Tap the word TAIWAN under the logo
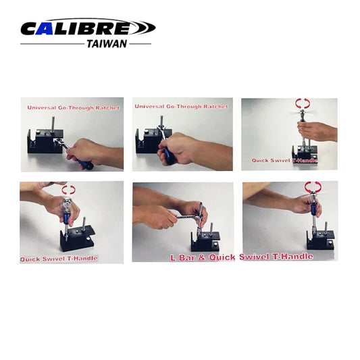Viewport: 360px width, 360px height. tap(107, 43)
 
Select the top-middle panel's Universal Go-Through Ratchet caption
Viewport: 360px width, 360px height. tap(181, 106)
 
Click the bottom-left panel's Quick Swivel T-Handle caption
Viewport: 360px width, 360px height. tap(59, 257)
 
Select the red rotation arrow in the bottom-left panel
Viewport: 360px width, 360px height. tap(69, 190)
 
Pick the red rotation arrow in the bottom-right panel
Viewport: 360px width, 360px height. tap(312, 186)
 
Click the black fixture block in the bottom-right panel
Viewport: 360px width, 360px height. tap(320, 238)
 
